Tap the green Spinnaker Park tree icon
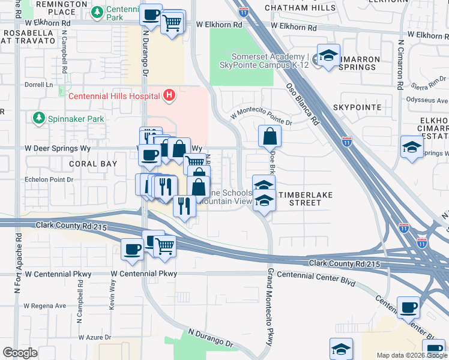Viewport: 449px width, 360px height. tap(40, 118)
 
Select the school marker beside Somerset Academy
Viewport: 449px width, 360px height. tap(328, 57)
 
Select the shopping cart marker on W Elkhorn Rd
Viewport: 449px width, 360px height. tap(172, 23)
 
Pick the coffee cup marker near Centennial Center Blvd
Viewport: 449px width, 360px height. tap(409, 307)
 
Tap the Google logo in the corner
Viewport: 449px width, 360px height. tap(20, 353)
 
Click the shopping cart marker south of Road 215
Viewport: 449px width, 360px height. tap(164, 245)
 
